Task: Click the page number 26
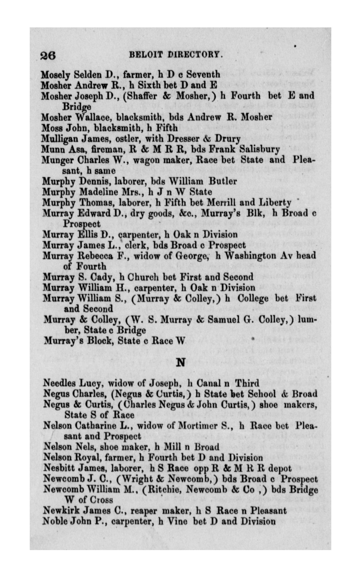[x=48, y=55]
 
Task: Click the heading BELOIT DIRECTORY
[x=176, y=55]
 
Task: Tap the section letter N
[x=181, y=363]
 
